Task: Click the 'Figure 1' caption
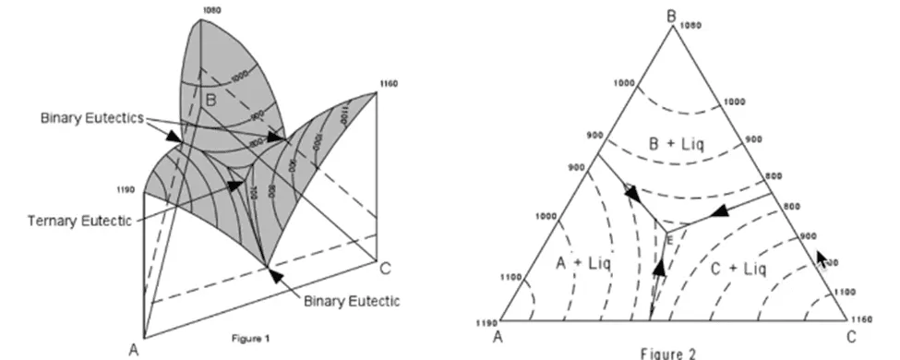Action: [x=251, y=336]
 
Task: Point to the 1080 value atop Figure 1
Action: [x=210, y=9]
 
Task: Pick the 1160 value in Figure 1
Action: [x=387, y=84]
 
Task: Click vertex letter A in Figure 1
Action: [x=134, y=349]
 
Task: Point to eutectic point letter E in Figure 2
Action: [x=670, y=239]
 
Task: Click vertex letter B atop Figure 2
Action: [x=672, y=14]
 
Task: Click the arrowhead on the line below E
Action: [x=659, y=268]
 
